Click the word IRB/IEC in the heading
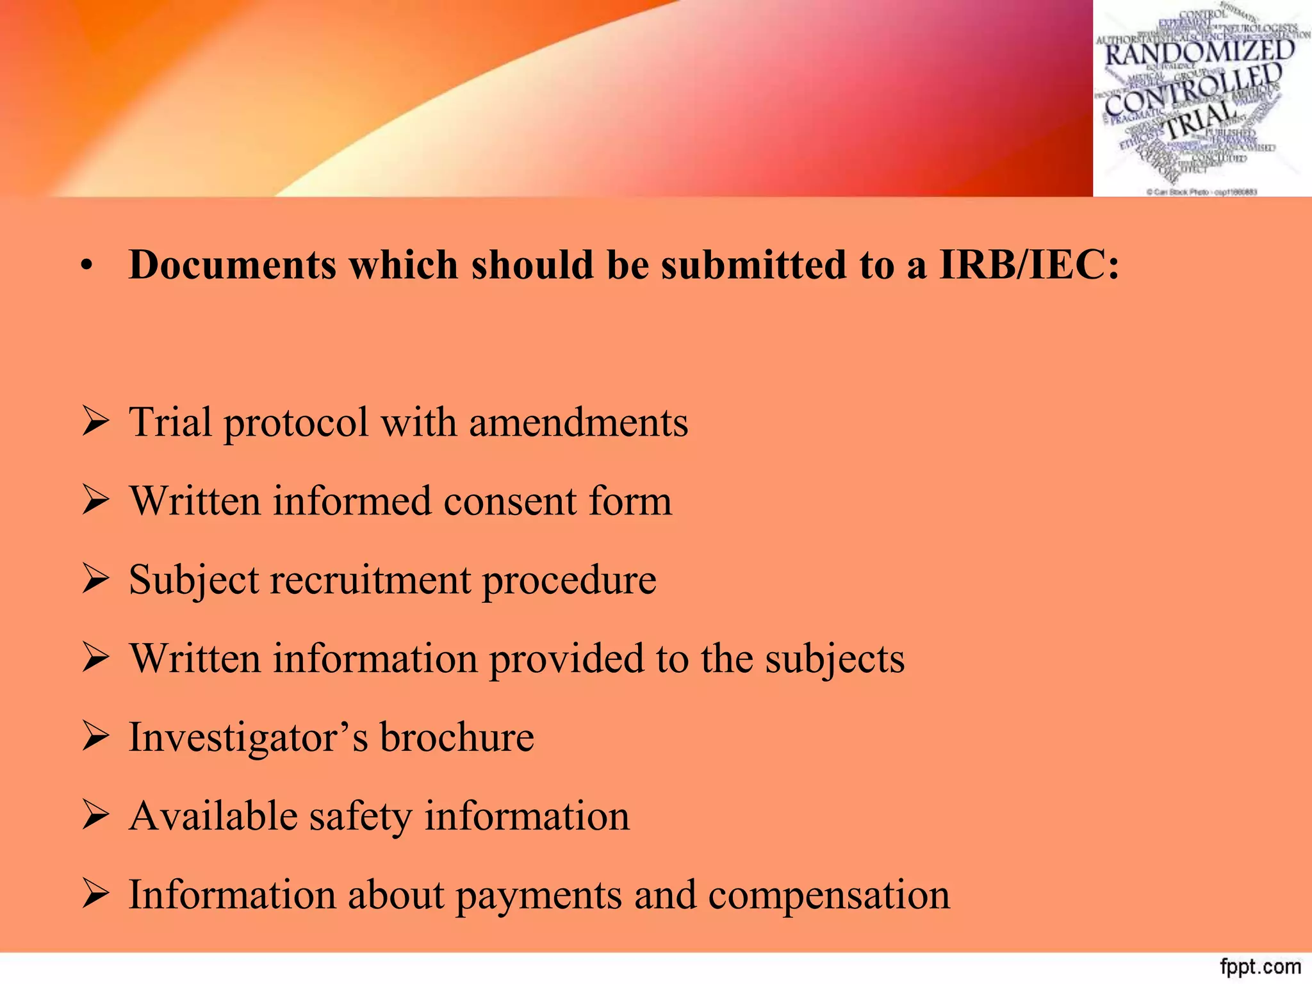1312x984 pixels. [x=1029, y=265]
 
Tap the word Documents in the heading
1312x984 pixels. [x=232, y=265]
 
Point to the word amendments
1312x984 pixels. [x=578, y=423]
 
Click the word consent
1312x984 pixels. [x=510, y=502]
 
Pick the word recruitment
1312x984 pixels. [x=370, y=580]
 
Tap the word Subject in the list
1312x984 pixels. [x=193, y=580]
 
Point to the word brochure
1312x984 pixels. [x=457, y=737]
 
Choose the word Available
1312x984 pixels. [x=213, y=816]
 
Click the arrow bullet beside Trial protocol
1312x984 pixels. [x=95, y=423]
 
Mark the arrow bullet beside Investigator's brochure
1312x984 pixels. [x=95, y=737]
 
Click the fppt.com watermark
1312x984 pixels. [x=1260, y=967]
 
